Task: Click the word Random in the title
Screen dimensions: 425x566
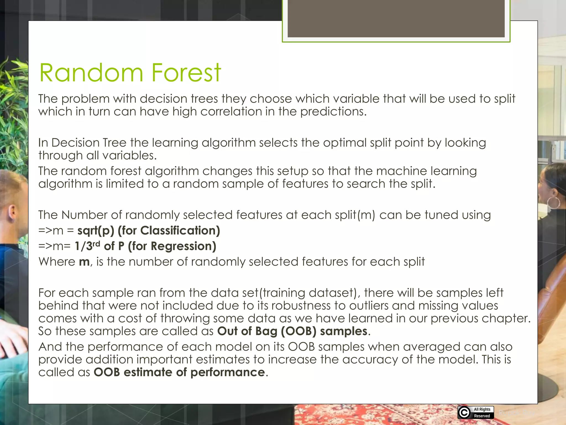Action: click(x=91, y=73)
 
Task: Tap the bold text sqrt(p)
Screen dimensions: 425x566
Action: click(x=96, y=231)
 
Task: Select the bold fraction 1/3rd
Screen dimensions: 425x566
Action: click(x=87, y=246)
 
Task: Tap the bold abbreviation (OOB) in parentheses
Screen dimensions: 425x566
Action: click(x=298, y=331)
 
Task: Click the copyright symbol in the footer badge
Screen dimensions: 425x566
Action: click(x=464, y=413)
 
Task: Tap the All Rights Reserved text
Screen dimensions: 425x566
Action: click(x=482, y=413)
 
